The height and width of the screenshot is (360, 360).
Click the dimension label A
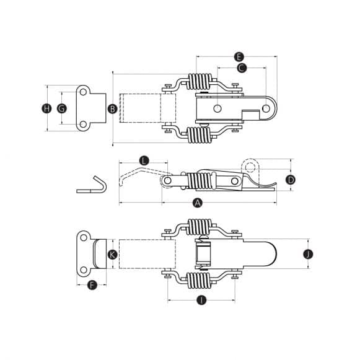[198, 203]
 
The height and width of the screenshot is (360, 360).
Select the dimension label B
[112, 109]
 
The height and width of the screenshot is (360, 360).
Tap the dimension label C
[242, 68]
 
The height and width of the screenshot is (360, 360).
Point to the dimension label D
[290, 180]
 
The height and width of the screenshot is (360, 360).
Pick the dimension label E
[239, 56]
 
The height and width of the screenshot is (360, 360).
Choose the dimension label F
[92, 286]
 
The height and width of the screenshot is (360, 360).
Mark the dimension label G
[61, 108]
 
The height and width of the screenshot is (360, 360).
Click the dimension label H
[46, 108]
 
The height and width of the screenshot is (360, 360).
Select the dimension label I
[200, 301]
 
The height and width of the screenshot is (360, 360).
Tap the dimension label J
[309, 253]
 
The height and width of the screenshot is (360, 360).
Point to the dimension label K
[112, 254]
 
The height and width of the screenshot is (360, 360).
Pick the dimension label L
[144, 160]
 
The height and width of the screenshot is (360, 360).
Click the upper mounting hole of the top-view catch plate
[82, 93]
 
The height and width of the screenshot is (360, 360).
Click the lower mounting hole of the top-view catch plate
[82, 124]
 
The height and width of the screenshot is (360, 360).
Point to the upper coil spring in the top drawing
[200, 82]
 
